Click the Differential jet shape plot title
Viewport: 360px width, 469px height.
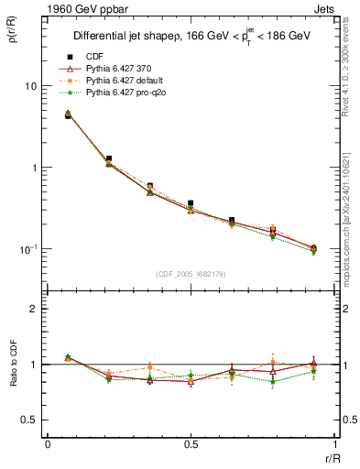pos(192,38)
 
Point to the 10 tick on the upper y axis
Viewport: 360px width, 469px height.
pos(30,85)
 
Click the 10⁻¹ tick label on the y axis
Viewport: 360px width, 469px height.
pos(28,249)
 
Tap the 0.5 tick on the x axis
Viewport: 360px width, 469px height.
pos(191,445)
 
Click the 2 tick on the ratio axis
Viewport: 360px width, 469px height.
pos(34,309)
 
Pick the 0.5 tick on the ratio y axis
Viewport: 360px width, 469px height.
pos(30,420)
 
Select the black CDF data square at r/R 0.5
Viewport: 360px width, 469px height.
pos(191,203)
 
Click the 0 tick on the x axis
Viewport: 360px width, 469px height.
pos(48,445)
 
